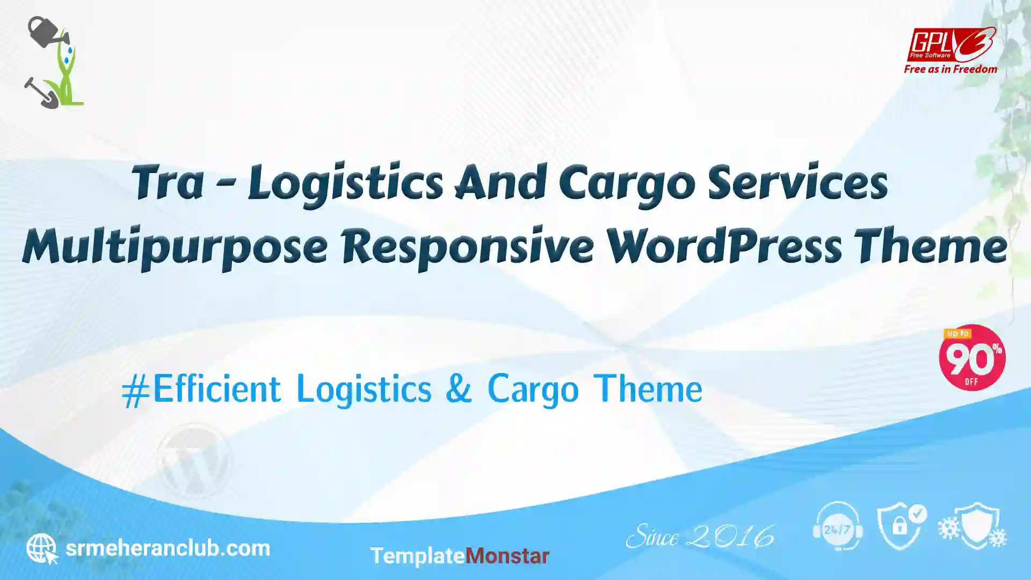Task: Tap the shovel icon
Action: click(x=41, y=93)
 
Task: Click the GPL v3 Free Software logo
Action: click(x=951, y=45)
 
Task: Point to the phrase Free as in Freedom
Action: click(x=950, y=69)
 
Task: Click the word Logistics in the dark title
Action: click(x=345, y=184)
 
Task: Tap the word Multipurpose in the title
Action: click(x=175, y=247)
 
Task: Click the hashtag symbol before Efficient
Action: click(x=135, y=392)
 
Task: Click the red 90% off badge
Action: click(x=972, y=358)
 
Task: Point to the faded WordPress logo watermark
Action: click(x=194, y=461)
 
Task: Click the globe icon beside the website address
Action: click(x=42, y=548)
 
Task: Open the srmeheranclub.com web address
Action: click(x=168, y=548)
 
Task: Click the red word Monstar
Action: click(x=507, y=556)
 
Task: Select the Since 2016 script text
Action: click(x=700, y=536)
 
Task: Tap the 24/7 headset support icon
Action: click(x=838, y=526)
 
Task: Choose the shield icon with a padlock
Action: click(x=902, y=527)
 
